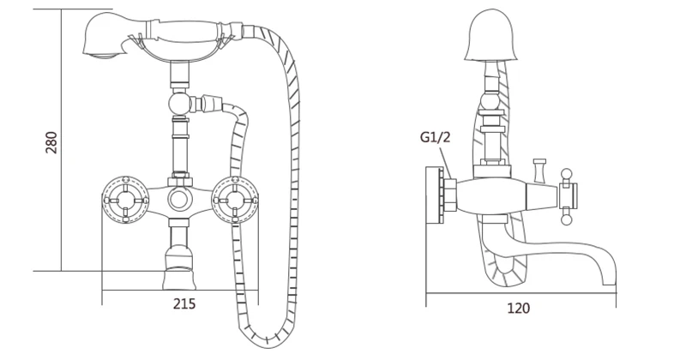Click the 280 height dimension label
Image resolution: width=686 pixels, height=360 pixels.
[x=51, y=143]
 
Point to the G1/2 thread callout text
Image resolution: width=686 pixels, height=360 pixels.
[x=436, y=137]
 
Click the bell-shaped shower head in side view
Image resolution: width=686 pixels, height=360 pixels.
[x=492, y=39]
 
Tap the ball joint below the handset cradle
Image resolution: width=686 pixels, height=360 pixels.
[x=178, y=105]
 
